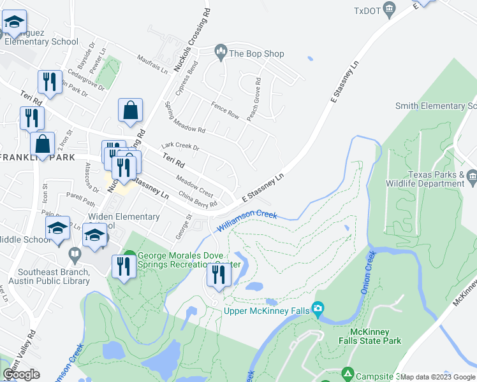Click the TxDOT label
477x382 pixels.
pos(367,10)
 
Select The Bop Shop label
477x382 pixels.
pos(256,54)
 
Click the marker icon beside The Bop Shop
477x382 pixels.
pos(221,50)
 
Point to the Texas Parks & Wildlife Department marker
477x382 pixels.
pos(472,175)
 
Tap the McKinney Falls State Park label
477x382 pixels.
pos(376,336)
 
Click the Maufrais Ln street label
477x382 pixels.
pos(151,63)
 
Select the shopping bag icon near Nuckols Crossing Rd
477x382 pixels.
pos(130,110)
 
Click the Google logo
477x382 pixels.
pos(21,374)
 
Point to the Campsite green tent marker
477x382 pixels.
pos(347,372)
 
